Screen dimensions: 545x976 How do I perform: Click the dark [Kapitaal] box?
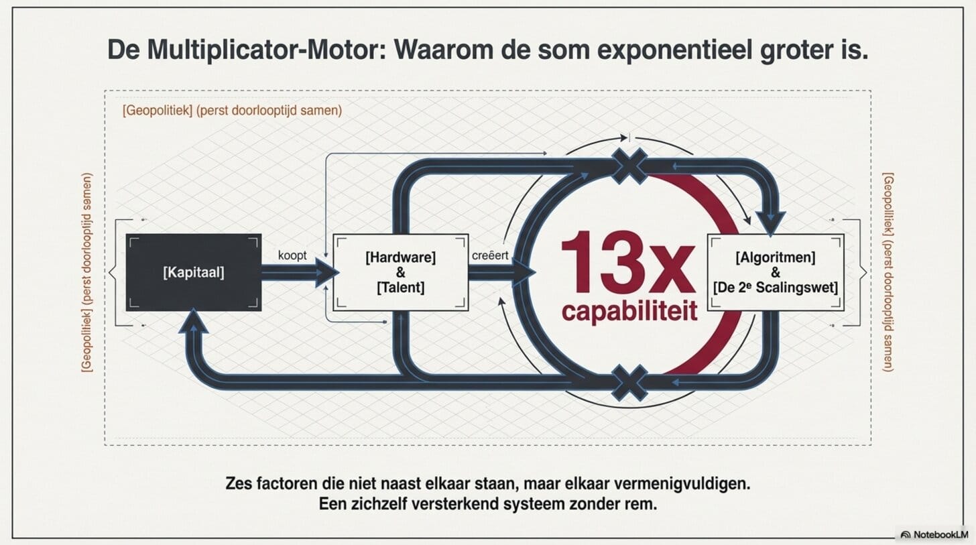pos(194,272)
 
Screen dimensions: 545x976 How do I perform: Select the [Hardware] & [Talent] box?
pos(401,272)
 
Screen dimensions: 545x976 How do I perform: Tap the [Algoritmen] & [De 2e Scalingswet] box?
pos(775,272)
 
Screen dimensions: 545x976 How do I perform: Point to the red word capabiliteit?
pos(629,311)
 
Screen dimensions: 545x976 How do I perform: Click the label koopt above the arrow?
pos(292,255)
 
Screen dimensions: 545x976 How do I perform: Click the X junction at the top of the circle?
pos(629,166)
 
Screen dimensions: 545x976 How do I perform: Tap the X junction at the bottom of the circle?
pos(629,383)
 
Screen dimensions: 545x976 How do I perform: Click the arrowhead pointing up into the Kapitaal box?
pos(194,320)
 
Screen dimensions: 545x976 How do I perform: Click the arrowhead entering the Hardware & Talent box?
pos(326,272)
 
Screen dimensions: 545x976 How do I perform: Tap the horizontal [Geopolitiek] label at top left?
pos(233,110)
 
